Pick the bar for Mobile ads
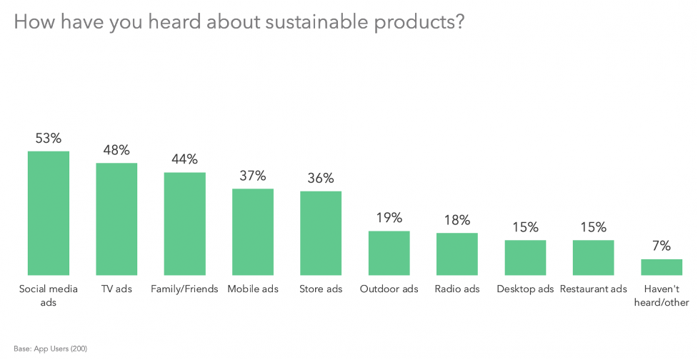coord(253,231)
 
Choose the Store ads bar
coord(321,233)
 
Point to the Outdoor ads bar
coord(389,253)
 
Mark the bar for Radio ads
coord(457,254)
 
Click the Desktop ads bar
coord(525,257)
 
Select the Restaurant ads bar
coord(593,257)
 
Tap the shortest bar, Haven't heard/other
coord(662,266)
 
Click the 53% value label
coord(49,138)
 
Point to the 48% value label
coord(116,150)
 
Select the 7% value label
coord(662,246)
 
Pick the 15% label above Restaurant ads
coord(593,228)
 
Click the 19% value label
coord(389,218)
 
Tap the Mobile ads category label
coord(253,289)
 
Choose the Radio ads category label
coord(457,289)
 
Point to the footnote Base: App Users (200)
coord(51,349)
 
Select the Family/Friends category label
coord(184,289)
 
